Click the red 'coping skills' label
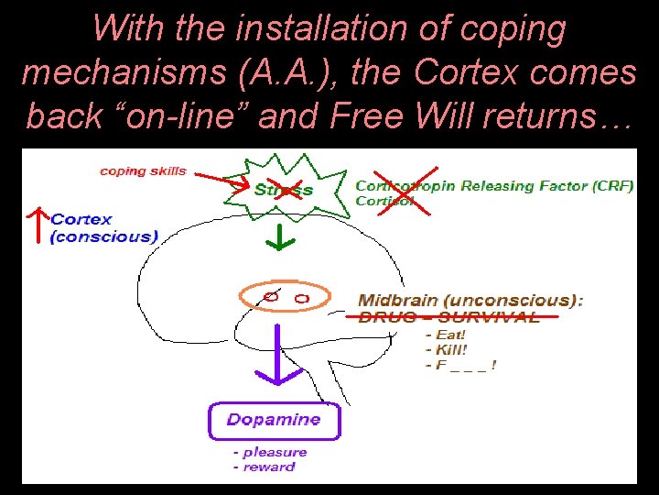pos(143,170)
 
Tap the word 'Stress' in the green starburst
pos(283,190)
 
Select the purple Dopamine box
pos(275,420)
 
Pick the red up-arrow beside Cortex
pos(36,225)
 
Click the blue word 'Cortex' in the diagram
pos(81,219)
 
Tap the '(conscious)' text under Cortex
pos(103,236)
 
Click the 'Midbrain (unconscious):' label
pos(470,300)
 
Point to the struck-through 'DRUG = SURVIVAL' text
pos(448,317)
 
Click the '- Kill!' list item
pos(447,349)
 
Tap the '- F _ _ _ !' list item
pos(460,365)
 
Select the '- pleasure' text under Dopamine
pos(269,452)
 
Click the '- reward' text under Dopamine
pos(264,467)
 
